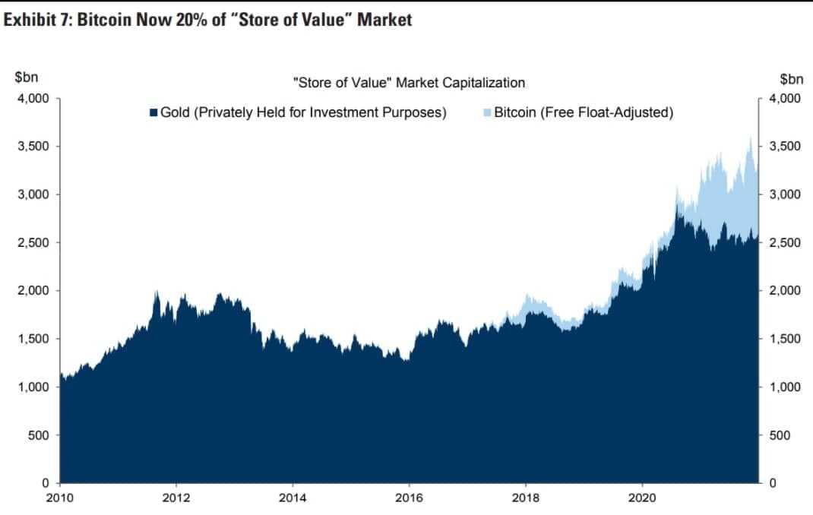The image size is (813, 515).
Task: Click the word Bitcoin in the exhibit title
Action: pyautogui.click(x=103, y=20)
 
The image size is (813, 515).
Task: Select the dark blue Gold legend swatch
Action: pyautogui.click(x=153, y=112)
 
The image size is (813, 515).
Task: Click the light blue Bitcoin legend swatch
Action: pyautogui.click(x=487, y=112)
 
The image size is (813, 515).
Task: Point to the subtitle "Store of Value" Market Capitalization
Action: pyautogui.click(x=409, y=82)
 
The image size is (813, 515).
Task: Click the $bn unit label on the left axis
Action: pyautogui.click(x=27, y=77)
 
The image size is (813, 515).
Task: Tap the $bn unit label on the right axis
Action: pyautogui.click(x=792, y=79)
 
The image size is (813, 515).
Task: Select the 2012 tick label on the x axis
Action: pyautogui.click(x=176, y=498)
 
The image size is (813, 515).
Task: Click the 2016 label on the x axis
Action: pyautogui.click(x=409, y=498)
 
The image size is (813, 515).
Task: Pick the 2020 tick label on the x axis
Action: pyautogui.click(x=642, y=498)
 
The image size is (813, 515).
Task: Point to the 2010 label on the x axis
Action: pyautogui.click(x=59, y=498)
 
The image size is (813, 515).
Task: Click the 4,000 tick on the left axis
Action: pyautogui.click(x=33, y=99)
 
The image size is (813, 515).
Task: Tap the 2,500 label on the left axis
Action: pyautogui.click(x=33, y=242)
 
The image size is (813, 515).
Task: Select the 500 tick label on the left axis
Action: pyautogui.click(x=39, y=435)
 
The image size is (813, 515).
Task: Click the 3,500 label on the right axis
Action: pyautogui.click(x=785, y=146)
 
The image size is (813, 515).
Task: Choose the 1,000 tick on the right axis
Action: pyautogui.click(x=785, y=387)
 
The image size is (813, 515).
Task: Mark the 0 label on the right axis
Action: pyautogui.click(x=773, y=483)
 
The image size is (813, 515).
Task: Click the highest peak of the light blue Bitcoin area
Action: pyautogui.click(x=750, y=137)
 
